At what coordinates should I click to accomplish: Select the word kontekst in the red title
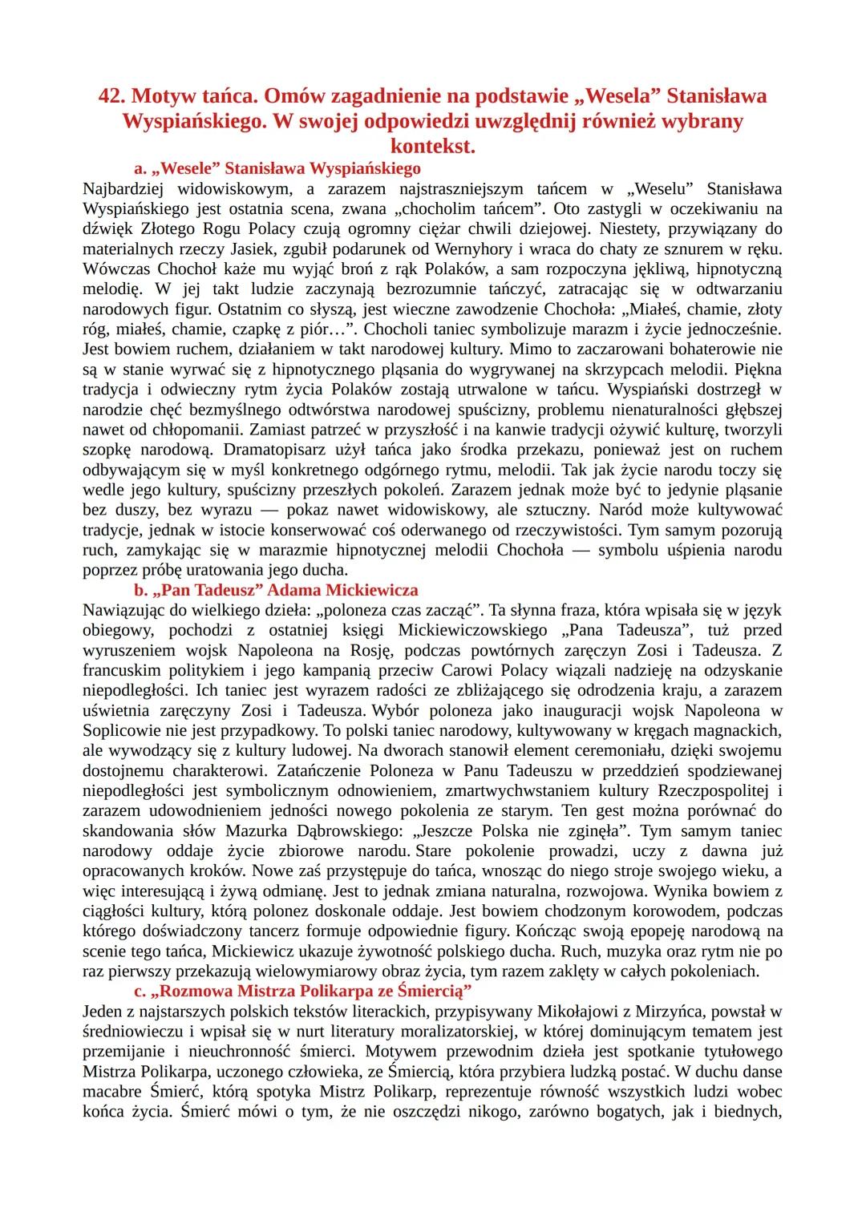pyautogui.click(x=433, y=147)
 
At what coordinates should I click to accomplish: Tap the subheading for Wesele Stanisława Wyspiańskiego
pyautogui.click(x=277, y=169)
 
